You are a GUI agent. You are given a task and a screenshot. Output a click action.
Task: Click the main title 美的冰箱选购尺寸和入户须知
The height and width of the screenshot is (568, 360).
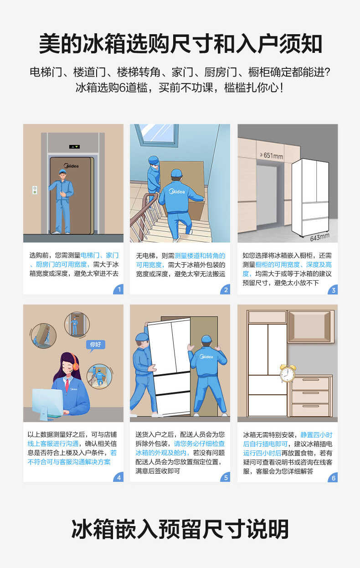pyautogui.click(x=180, y=44)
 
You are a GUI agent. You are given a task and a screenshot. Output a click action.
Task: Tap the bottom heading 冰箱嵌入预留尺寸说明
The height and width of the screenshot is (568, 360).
pyautogui.click(x=180, y=529)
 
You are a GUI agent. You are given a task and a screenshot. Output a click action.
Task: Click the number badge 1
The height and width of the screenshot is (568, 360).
pyautogui.click(x=118, y=289)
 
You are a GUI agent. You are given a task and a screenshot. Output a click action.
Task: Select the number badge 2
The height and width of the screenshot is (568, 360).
pyautogui.click(x=225, y=289)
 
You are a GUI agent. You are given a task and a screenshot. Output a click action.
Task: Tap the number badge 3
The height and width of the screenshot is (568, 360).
pyautogui.click(x=333, y=289)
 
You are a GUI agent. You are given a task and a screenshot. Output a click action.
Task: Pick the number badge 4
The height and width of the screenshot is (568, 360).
pyautogui.click(x=118, y=477)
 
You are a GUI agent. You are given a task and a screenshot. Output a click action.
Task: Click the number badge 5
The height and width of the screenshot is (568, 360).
pyautogui.click(x=225, y=477)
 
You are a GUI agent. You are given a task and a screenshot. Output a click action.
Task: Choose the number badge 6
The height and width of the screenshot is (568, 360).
pyautogui.click(x=333, y=477)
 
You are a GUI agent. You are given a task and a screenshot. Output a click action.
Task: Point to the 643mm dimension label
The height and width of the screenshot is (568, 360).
pyautogui.click(x=319, y=237)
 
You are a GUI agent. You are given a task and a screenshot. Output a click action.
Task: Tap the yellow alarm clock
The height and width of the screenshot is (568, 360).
pyautogui.click(x=288, y=373)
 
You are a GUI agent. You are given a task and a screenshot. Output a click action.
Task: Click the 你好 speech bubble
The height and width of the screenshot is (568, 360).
pyautogui.click(x=96, y=345)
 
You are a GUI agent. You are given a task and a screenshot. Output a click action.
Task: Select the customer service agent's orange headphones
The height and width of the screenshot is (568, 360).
pyautogui.click(x=75, y=365)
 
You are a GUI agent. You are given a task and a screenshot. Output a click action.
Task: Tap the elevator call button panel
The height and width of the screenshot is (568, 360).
pyautogui.click(x=35, y=190)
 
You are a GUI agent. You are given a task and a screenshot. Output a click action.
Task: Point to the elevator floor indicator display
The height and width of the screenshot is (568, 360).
pyautogui.click(x=74, y=147)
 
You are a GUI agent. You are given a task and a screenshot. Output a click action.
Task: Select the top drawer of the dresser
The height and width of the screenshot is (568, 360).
pyautogui.click(x=310, y=383)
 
